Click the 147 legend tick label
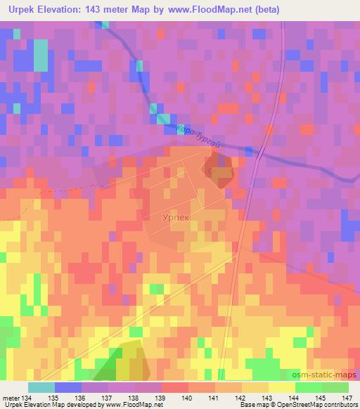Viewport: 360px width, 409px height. tap(347, 398)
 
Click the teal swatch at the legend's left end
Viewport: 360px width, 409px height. tap(41, 387)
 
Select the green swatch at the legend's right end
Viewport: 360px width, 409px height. tap(335, 387)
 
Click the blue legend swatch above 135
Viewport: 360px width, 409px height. tap(68, 387)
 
